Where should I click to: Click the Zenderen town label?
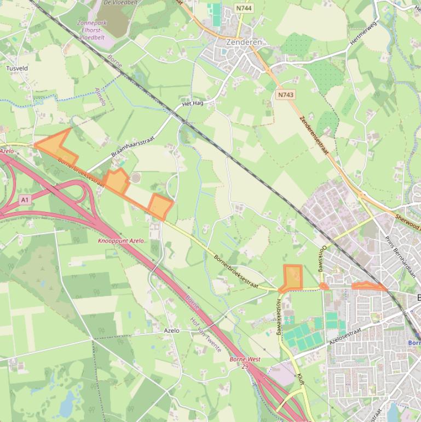coord(244,42)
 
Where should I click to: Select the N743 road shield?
coord(285,95)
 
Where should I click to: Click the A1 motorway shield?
coord(24,200)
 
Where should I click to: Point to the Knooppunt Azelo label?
coord(121,241)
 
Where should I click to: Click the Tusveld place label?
coord(16,69)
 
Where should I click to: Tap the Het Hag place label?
coord(192,103)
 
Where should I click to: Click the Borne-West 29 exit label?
coord(245,362)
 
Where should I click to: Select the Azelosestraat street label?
coord(346,335)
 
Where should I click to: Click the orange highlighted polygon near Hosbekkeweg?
coord(293,277)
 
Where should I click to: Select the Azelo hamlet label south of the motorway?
coord(171,330)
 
